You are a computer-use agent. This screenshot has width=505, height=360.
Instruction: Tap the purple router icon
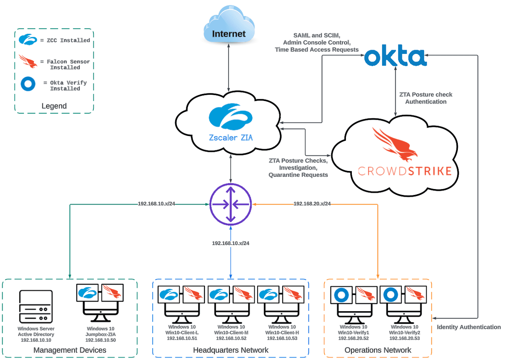(x=230, y=204)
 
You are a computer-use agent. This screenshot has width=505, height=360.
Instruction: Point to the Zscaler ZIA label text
(x=231, y=137)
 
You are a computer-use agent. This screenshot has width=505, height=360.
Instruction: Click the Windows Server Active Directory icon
(x=36, y=307)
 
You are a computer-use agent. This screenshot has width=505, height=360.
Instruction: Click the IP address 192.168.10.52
(x=233, y=338)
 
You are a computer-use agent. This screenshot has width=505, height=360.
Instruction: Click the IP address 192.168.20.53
(x=404, y=338)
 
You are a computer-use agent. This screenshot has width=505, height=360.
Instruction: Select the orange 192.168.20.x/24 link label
(x=312, y=204)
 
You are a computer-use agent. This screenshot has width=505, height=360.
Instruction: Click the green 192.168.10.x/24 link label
(x=157, y=204)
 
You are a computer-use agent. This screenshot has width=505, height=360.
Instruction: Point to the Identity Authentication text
(x=468, y=327)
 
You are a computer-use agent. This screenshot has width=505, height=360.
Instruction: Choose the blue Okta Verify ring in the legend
(x=28, y=85)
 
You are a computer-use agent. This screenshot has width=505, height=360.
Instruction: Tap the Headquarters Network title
(x=231, y=350)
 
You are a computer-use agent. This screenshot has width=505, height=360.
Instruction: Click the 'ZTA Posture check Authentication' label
(x=425, y=98)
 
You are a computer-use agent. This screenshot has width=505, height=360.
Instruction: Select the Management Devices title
(x=70, y=350)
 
